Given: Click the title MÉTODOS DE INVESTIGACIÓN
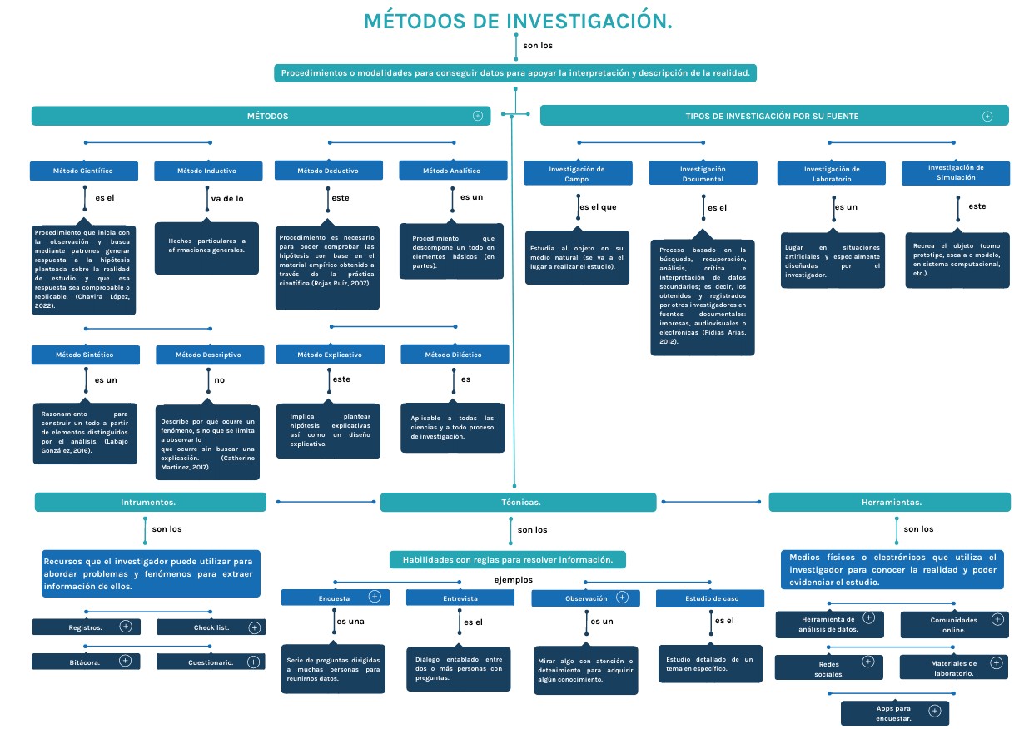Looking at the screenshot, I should coord(518,22).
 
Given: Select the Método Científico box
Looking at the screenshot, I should coord(83,171).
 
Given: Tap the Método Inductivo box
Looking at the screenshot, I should coord(206,171).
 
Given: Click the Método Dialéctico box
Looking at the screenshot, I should coord(454,355).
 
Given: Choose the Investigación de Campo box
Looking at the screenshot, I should coord(577,173).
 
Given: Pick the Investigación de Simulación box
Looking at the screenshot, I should coord(955,172).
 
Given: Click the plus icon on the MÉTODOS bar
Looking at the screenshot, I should coord(478,116).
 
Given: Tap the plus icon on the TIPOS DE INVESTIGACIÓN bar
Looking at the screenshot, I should coord(987,117).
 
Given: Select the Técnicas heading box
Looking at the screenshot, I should coord(520,503).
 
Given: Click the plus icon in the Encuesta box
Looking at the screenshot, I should coord(375,597).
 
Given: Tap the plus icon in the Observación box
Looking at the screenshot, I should coord(622,597).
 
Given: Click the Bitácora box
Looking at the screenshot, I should coord(85,662).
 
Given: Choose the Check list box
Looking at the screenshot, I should coord(211,627).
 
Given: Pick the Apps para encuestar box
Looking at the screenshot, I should coord(893,713).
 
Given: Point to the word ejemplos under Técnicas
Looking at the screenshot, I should coord(514,579).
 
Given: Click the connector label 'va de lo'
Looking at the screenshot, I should coord(227,199).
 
